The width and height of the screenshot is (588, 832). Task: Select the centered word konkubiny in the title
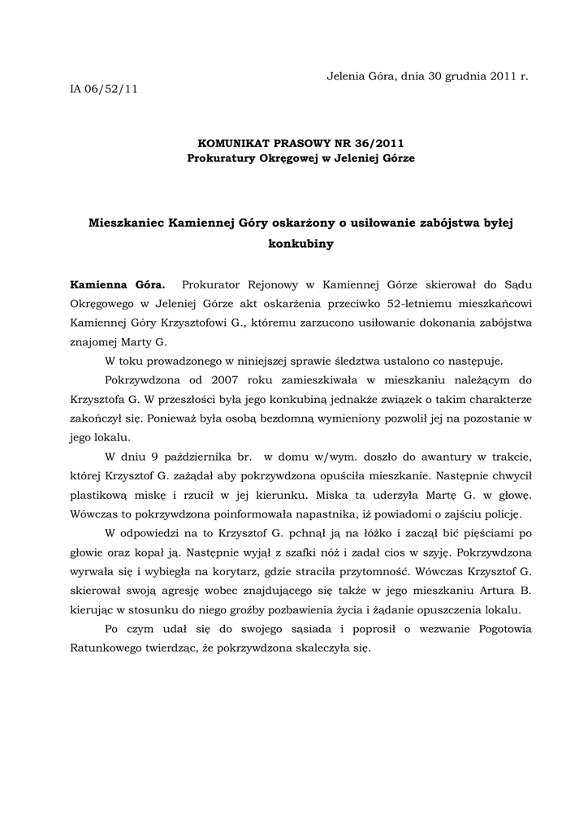(300, 242)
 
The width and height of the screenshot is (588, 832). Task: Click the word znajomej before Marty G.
(96, 343)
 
